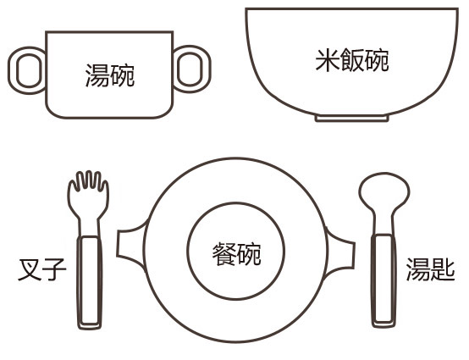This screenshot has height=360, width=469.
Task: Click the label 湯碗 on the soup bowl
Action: [x=110, y=75]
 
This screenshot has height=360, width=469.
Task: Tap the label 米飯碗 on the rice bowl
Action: [x=352, y=60]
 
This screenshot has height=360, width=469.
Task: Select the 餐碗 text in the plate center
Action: [x=236, y=254]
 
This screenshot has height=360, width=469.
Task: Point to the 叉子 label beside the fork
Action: [x=42, y=269]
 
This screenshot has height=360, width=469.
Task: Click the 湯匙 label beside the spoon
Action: [x=430, y=269]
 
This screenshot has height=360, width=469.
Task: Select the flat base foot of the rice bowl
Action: [x=352, y=119]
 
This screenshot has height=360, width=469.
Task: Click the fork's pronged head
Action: [x=88, y=195]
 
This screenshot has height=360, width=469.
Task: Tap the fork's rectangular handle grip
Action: [x=90, y=281]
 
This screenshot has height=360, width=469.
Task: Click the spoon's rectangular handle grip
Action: [x=383, y=280]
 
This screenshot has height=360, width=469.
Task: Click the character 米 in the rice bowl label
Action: [x=328, y=60]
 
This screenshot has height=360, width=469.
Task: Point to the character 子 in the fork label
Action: [x=54, y=269]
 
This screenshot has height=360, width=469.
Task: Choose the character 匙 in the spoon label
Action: [x=443, y=269]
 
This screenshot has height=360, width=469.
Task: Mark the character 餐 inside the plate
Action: [x=224, y=254]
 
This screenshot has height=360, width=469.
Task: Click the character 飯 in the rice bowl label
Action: [x=352, y=60]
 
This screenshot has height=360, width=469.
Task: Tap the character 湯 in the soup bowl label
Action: [x=97, y=75]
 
